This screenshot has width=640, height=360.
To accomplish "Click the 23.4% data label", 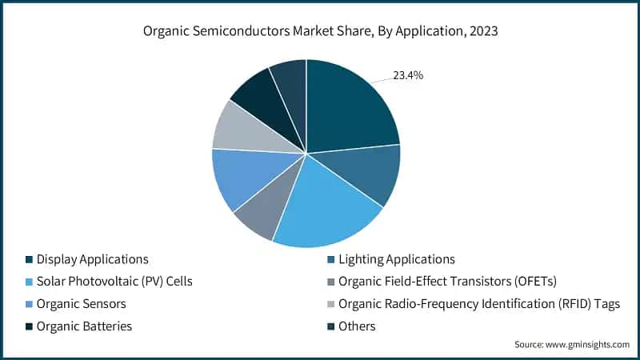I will [x=407, y=76].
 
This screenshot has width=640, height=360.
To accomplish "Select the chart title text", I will [x=319, y=33].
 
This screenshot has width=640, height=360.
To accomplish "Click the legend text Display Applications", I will [x=92, y=259].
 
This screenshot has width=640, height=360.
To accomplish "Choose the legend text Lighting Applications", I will [x=396, y=259].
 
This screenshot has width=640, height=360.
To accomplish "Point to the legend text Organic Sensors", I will [x=81, y=304].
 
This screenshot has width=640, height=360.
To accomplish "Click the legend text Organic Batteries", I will [x=84, y=326].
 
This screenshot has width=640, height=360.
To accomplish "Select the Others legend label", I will [x=357, y=326].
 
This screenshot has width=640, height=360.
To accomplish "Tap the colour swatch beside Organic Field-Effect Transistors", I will [x=331, y=282].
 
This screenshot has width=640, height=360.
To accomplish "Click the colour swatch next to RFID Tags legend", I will [x=331, y=304].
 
